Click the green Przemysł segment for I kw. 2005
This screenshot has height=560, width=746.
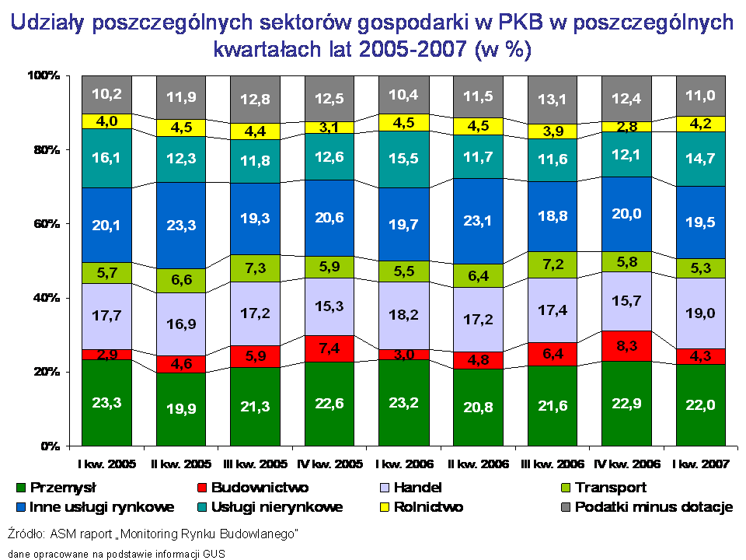coord(106,403)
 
